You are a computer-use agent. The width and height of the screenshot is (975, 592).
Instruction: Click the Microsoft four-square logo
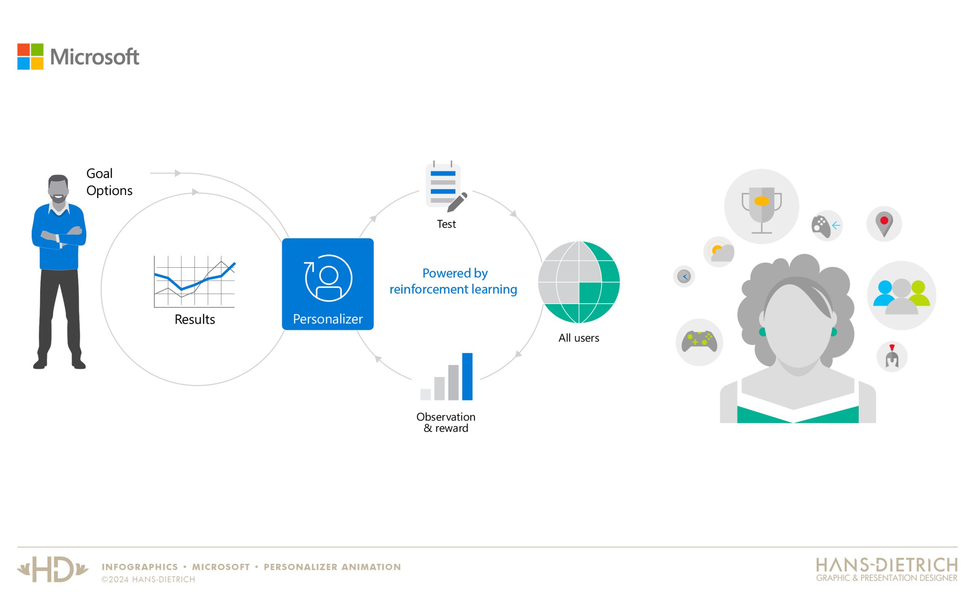(x=30, y=57)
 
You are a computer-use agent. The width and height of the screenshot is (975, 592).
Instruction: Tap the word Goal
(x=99, y=174)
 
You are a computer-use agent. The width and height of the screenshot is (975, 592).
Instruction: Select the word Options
(x=109, y=191)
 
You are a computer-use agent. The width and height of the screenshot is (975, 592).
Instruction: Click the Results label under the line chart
(x=195, y=319)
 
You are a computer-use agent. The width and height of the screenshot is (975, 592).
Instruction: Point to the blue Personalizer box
(x=328, y=284)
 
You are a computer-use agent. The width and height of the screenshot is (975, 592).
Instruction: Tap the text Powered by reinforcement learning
(x=454, y=282)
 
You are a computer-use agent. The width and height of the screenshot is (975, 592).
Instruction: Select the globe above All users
(x=579, y=282)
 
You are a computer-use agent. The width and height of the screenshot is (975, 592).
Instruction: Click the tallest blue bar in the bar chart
(x=467, y=377)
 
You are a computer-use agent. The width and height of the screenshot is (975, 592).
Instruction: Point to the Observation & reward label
(x=446, y=422)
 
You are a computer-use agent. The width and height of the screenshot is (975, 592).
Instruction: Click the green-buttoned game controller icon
(x=699, y=341)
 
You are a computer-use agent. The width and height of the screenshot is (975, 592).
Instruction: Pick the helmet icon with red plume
(x=892, y=356)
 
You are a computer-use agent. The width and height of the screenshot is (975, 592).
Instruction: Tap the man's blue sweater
(x=59, y=237)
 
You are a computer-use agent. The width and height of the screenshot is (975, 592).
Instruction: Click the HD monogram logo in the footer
(x=53, y=570)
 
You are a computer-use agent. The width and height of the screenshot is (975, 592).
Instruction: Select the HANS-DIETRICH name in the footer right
(x=887, y=565)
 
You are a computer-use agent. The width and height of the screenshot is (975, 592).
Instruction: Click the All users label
(x=579, y=338)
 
